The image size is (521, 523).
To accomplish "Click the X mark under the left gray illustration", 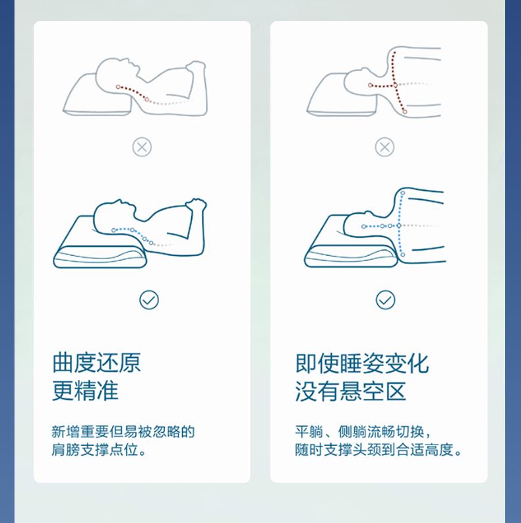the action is point(142,147).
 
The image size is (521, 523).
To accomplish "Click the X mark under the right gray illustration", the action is point(384,147).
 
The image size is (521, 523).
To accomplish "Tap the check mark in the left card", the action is point(149,300).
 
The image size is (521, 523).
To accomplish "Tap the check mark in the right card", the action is point(386,300).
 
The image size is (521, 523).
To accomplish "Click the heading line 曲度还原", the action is point(97,363).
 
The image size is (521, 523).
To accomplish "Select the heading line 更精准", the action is point(85,390).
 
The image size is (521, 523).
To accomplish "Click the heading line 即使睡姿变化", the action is point(362,363).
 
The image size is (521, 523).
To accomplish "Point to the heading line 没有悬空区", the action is point(351,391).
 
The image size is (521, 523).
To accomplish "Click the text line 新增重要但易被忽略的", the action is point(123,431).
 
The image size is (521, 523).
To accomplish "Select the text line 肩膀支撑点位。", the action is point(99,450).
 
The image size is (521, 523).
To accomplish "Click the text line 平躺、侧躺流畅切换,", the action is point(363,431).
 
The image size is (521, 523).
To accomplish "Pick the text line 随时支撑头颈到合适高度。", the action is point(379,450).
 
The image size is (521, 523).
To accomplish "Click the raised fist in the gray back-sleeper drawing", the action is point(196,67).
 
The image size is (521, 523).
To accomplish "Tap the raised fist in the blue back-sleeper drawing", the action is point(196,204).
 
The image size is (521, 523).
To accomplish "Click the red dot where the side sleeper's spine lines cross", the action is point(395,85).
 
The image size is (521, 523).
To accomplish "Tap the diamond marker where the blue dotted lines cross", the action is point(399,226).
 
